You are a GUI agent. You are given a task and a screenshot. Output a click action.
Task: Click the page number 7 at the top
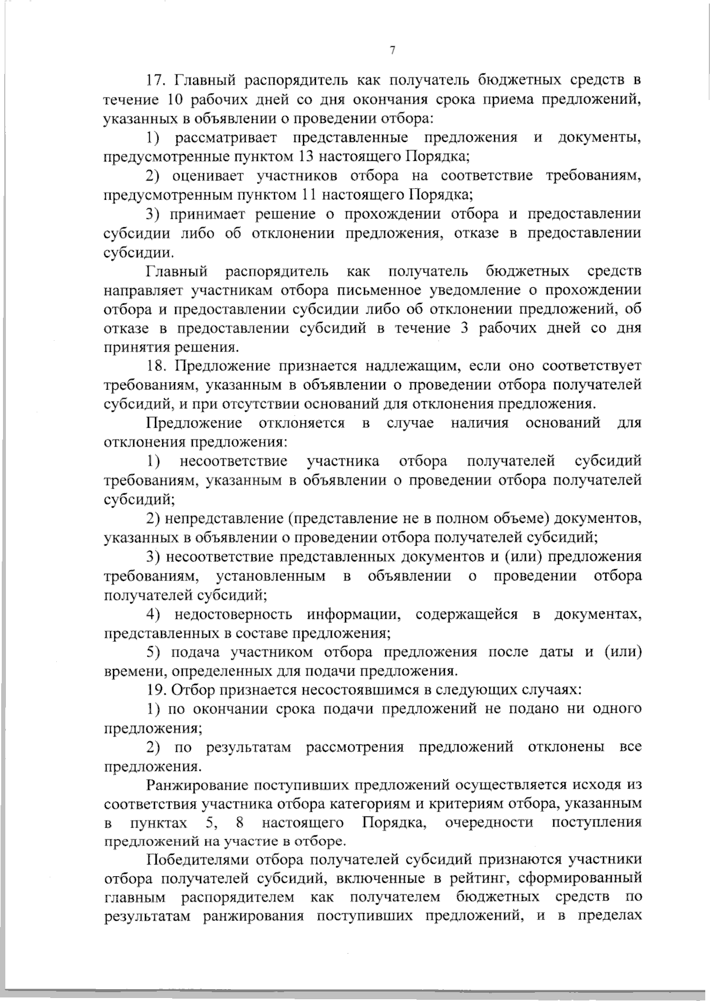point(392,51)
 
